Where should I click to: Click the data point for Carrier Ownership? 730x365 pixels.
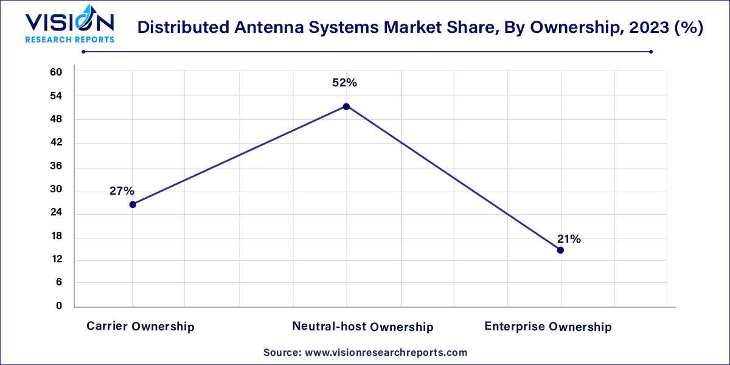click(x=133, y=204)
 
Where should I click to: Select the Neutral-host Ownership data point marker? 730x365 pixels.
click(x=346, y=106)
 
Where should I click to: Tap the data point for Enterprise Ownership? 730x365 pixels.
click(x=560, y=250)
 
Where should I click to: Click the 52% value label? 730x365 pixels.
click(x=344, y=83)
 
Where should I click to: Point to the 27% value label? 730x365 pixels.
click(x=122, y=191)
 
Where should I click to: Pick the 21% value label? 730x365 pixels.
click(x=568, y=239)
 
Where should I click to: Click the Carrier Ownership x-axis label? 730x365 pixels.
click(x=141, y=327)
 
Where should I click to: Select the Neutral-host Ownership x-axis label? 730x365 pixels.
click(x=363, y=327)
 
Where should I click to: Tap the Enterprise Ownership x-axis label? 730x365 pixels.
click(x=547, y=327)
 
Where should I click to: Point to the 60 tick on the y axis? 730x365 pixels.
click(x=56, y=72)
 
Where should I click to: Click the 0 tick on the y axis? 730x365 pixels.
click(x=59, y=306)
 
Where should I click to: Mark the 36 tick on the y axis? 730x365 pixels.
click(x=56, y=167)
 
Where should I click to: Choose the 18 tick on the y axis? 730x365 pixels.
click(x=56, y=236)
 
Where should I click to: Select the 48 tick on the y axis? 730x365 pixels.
click(x=56, y=119)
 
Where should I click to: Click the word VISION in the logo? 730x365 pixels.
click(x=69, y=23)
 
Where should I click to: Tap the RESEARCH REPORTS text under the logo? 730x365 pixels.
click(x=69, y=40)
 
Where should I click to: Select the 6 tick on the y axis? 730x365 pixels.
click(x=59, y=283)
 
